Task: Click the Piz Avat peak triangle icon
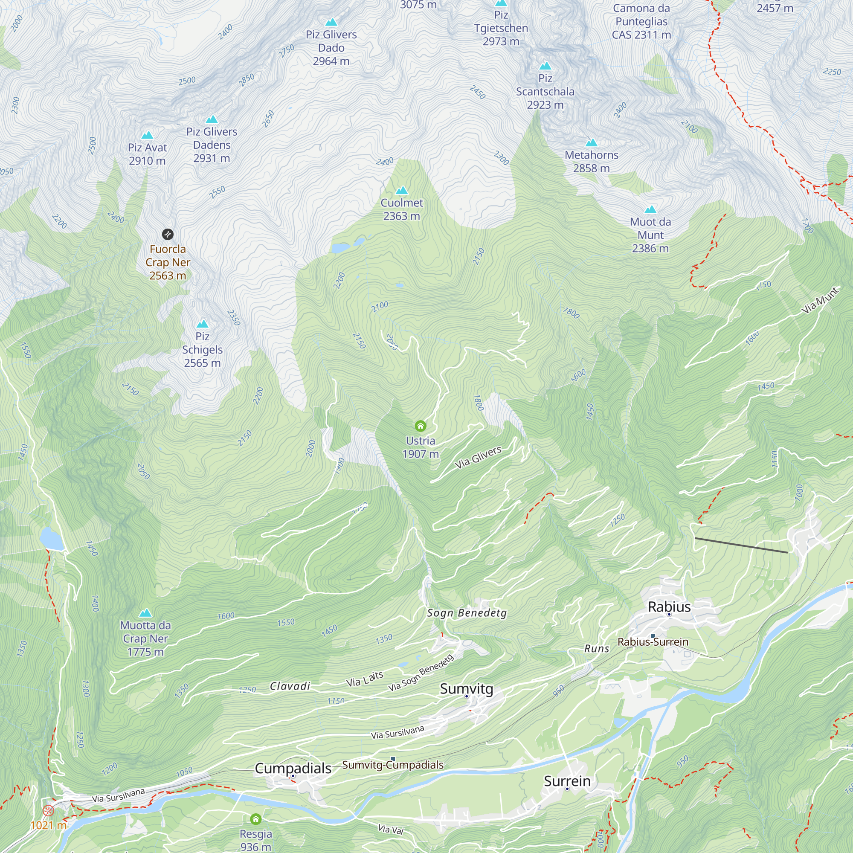[147, 135]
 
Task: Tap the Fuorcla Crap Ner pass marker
[168, 235]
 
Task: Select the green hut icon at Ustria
[421, 426]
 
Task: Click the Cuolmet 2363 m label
[401, 209]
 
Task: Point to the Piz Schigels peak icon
[202, 324]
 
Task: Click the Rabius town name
[669, 606]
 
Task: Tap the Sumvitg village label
[466, 688]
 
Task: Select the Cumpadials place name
[293, 768]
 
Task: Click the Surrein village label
[567, 780]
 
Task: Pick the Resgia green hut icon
[255, 819]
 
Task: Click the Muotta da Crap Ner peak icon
[145, 613]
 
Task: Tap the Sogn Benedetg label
[467, 613]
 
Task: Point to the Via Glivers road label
[478, 457]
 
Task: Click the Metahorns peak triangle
[591, 142]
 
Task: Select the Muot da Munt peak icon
[650, 210]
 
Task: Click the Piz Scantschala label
[545, 91]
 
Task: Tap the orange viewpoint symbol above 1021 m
[48, 810]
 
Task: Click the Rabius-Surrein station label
[653, 641]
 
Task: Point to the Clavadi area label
[290, 686]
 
